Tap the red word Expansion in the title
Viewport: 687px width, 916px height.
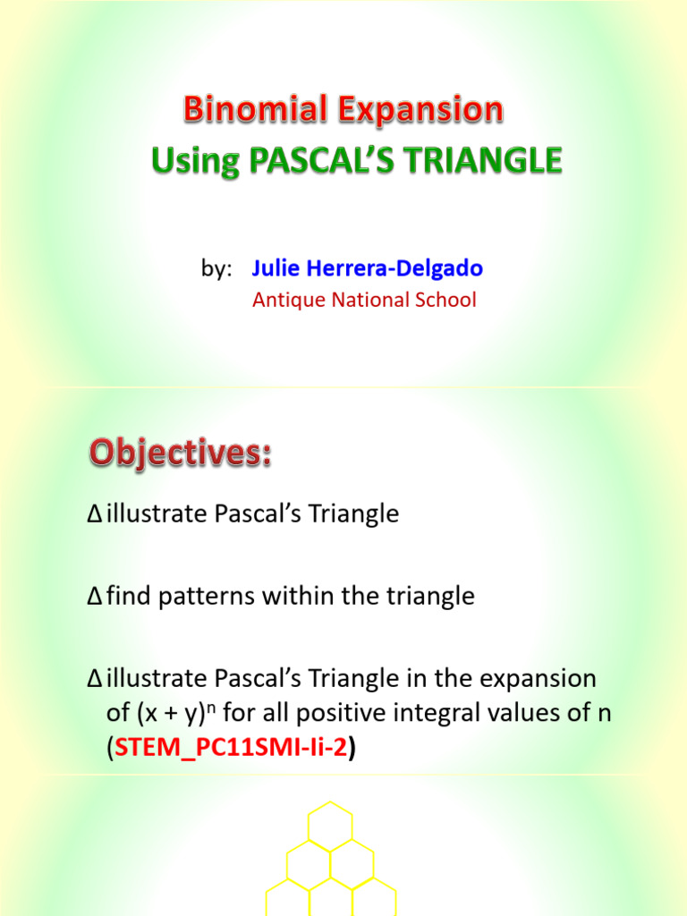420,112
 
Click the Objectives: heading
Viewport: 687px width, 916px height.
179,454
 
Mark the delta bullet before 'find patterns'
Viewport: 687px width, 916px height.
96,597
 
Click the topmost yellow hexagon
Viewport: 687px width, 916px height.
331,823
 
